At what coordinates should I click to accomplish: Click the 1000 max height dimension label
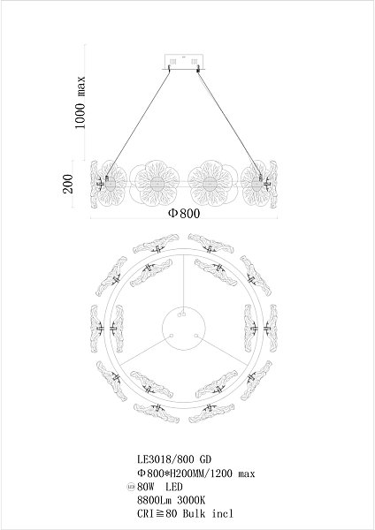coord(80,102)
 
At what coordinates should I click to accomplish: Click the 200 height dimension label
coord(68,184)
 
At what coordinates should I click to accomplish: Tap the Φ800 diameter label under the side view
coord(184,213)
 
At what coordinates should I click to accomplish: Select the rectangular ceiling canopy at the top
coord(185,62)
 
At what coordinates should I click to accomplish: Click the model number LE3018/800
coord(165,459)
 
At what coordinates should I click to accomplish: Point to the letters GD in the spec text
coord(205,459)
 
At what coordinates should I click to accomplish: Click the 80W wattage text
coord(146,487)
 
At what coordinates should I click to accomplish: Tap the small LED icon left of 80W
coord(131,487)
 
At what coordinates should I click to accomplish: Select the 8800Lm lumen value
coord(154,500)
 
